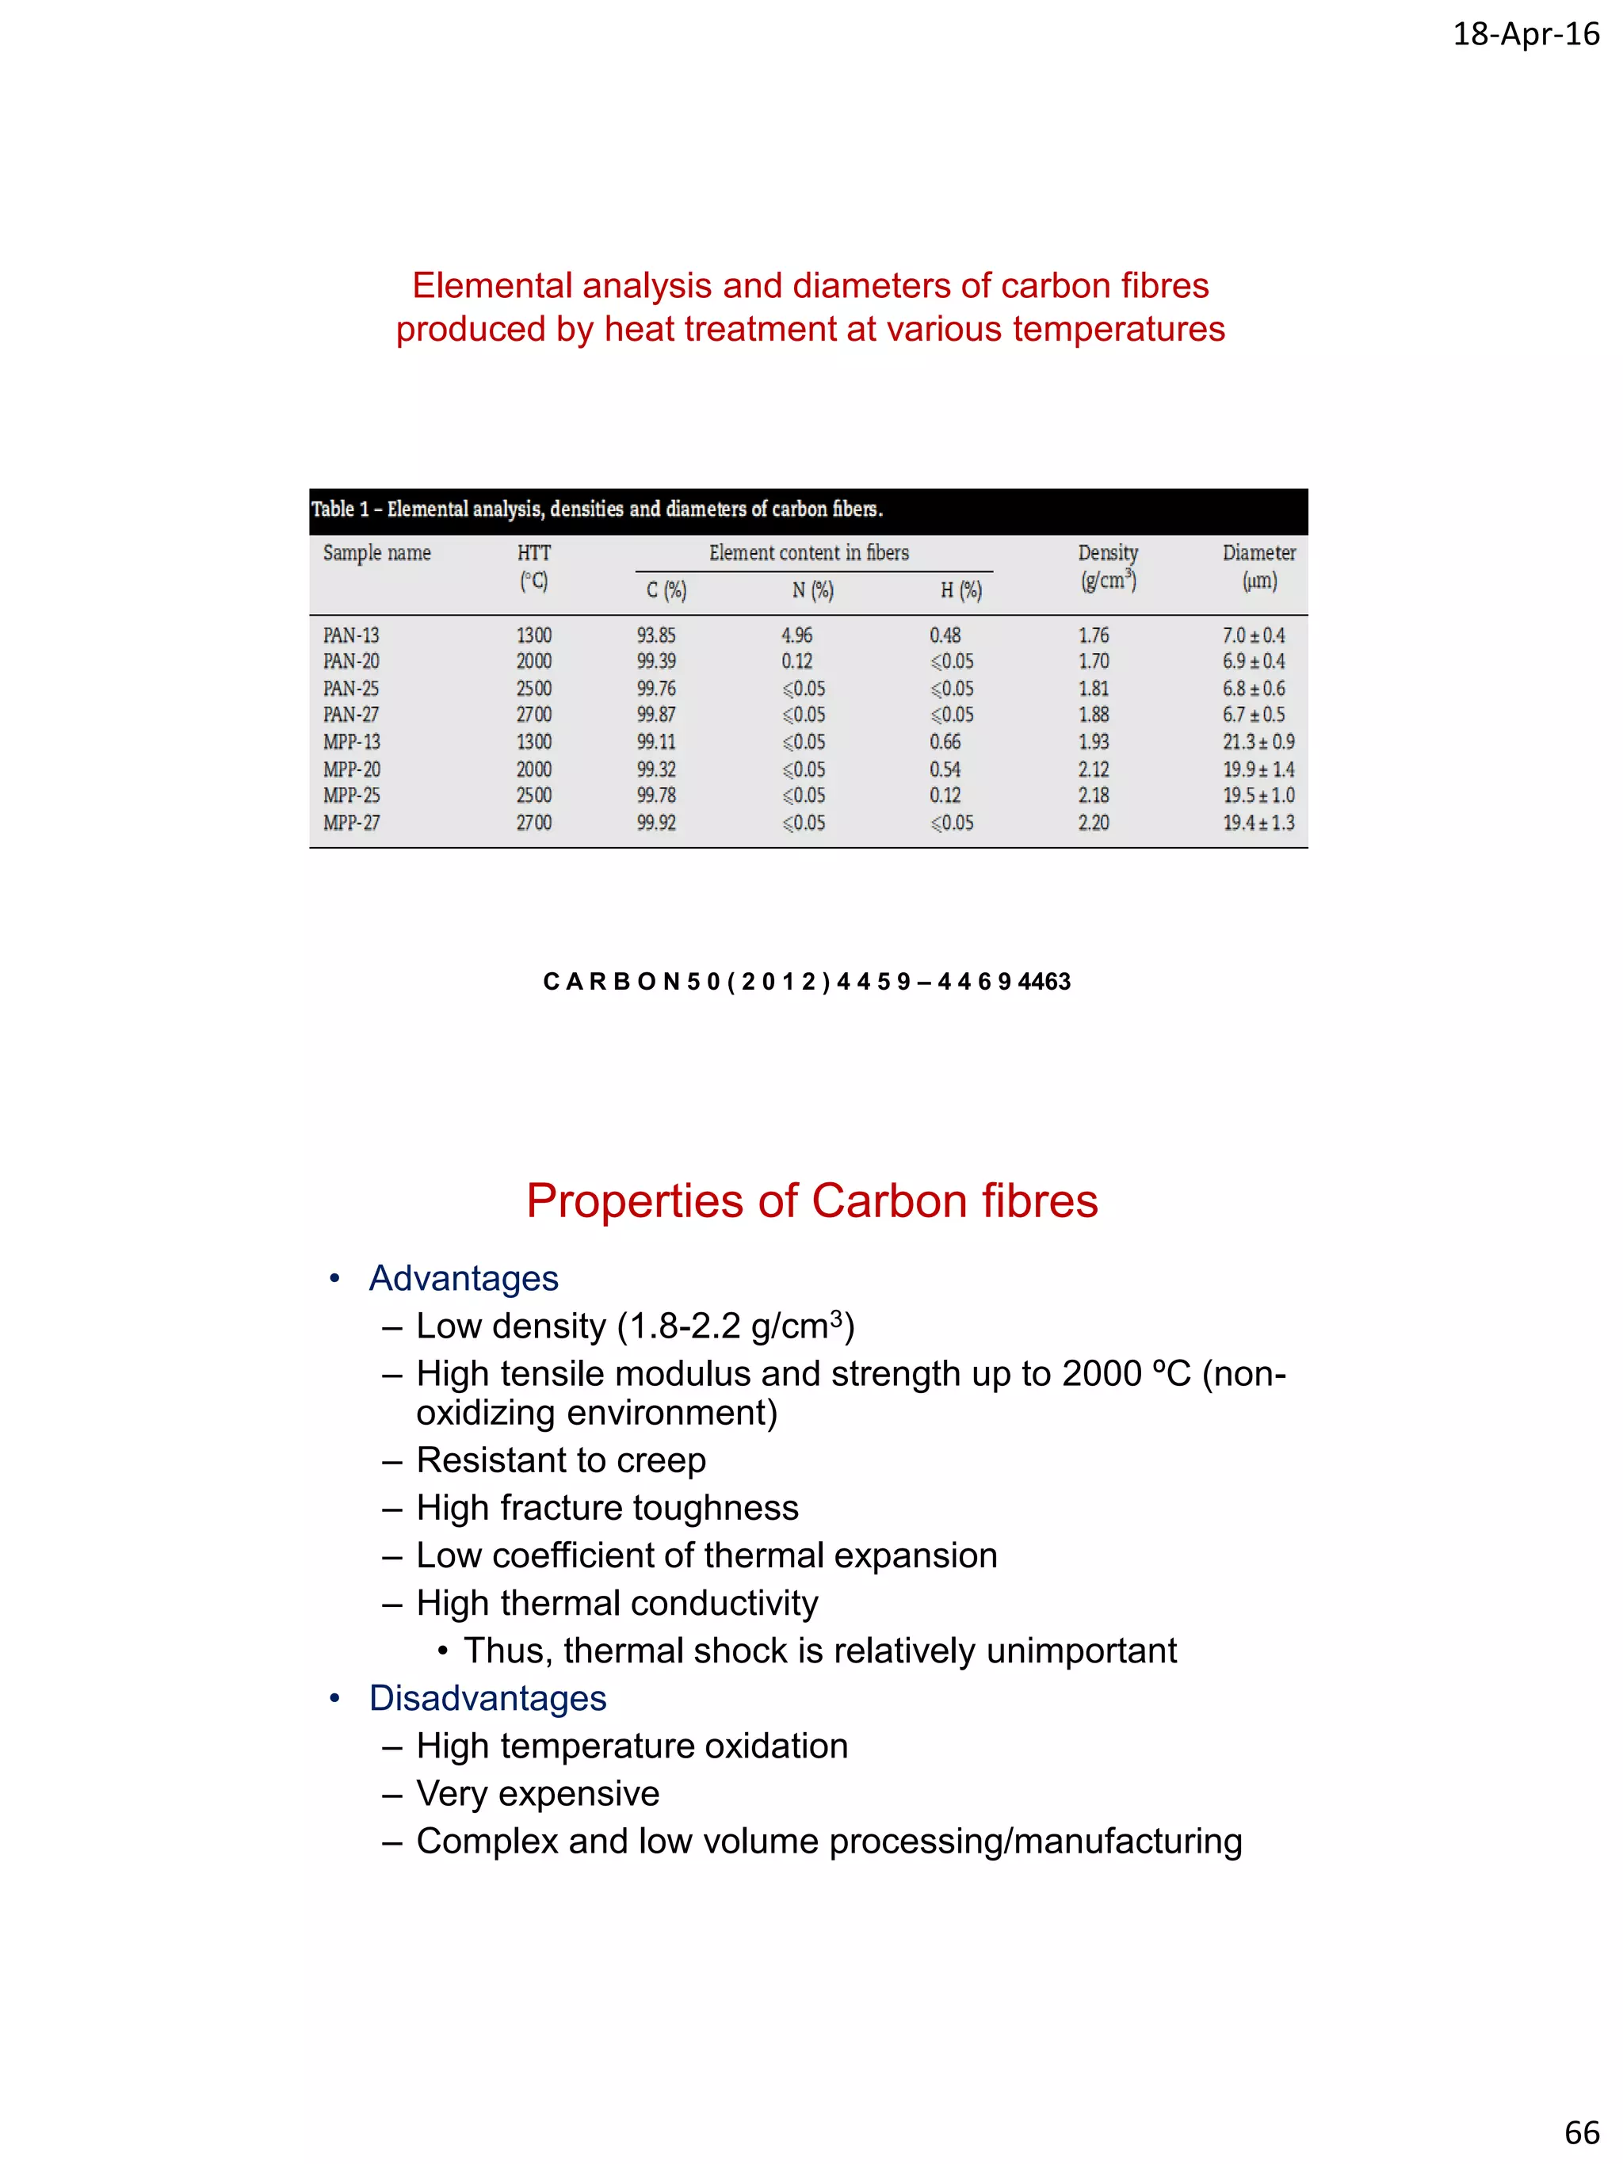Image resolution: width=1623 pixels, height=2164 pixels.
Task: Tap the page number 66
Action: (1581, 2131)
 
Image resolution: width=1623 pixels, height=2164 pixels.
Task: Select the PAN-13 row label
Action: (350, 635)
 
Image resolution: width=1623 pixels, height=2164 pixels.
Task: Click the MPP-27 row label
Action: (350, 822)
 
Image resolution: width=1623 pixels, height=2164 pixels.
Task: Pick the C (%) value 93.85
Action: (655, 635)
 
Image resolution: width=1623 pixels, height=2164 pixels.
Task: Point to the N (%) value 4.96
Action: (796, 635)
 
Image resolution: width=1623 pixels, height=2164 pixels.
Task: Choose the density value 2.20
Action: (1093, 822)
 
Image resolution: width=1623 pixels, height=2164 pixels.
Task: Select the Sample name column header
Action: (376, 553)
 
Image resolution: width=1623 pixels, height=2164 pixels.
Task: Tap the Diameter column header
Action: (1258, 553)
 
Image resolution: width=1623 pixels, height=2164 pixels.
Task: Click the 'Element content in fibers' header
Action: (808, 553)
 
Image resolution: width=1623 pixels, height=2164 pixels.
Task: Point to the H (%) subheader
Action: (960, 590)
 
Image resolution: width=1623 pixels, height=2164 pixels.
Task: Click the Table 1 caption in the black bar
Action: (596, 509)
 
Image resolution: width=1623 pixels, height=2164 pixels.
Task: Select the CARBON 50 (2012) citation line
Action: (806, 981)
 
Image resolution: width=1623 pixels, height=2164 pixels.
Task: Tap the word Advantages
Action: (463, 1277)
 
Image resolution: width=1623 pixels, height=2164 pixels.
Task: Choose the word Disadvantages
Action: (487, 1697)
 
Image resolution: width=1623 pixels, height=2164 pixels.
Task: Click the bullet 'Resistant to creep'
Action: (559, 1460)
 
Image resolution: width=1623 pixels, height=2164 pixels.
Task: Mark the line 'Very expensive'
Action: (537, 1793)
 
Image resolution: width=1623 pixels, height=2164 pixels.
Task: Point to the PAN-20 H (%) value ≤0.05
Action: (951, 662)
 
